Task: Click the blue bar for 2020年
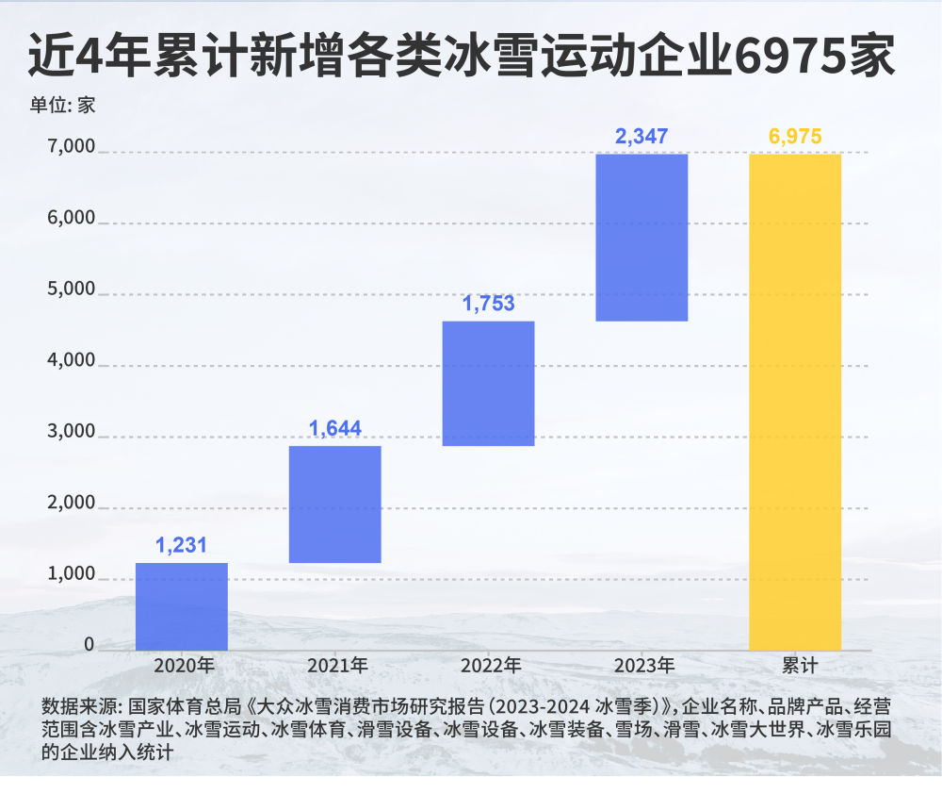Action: pos(182,606)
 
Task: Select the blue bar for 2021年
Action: pos(335,504)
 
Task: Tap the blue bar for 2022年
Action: pos(488,383)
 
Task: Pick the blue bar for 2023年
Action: pos(642,237)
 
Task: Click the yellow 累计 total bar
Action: pos(795,401)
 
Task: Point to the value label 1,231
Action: pos(181,545)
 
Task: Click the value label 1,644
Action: pos(335,429)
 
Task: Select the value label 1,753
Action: pos(488,304)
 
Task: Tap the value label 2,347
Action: pos(642,136)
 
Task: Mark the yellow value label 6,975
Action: pos(795,136)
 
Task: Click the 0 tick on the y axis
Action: pos(89,645)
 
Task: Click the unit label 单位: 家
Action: pos(61,105)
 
